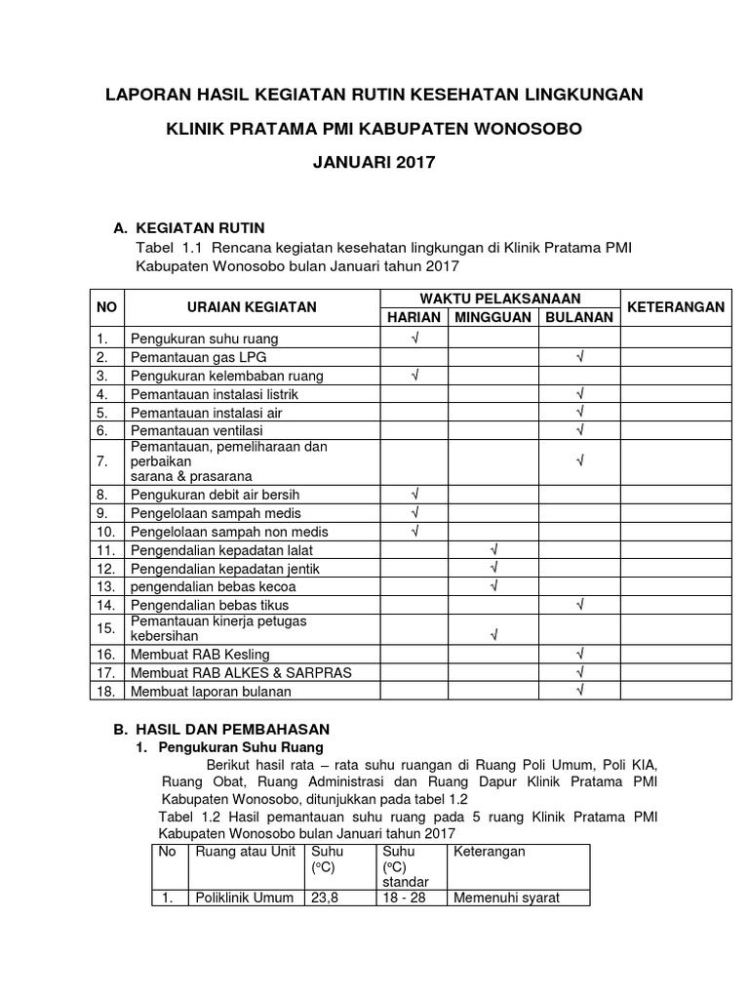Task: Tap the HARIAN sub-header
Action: [414, 317]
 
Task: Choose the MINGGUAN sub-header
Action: [493, 317]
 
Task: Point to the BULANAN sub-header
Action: [579, 317]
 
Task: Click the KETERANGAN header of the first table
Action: [676, 306]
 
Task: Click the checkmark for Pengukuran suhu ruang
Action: [414, 339]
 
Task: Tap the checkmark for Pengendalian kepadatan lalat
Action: [493, 550]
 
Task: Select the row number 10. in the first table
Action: [106, 532]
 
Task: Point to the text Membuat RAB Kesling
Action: [200, 654]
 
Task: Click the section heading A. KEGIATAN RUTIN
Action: [189, 227]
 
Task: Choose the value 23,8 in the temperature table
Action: [323, 898]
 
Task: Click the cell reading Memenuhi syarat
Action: [506, 898]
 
